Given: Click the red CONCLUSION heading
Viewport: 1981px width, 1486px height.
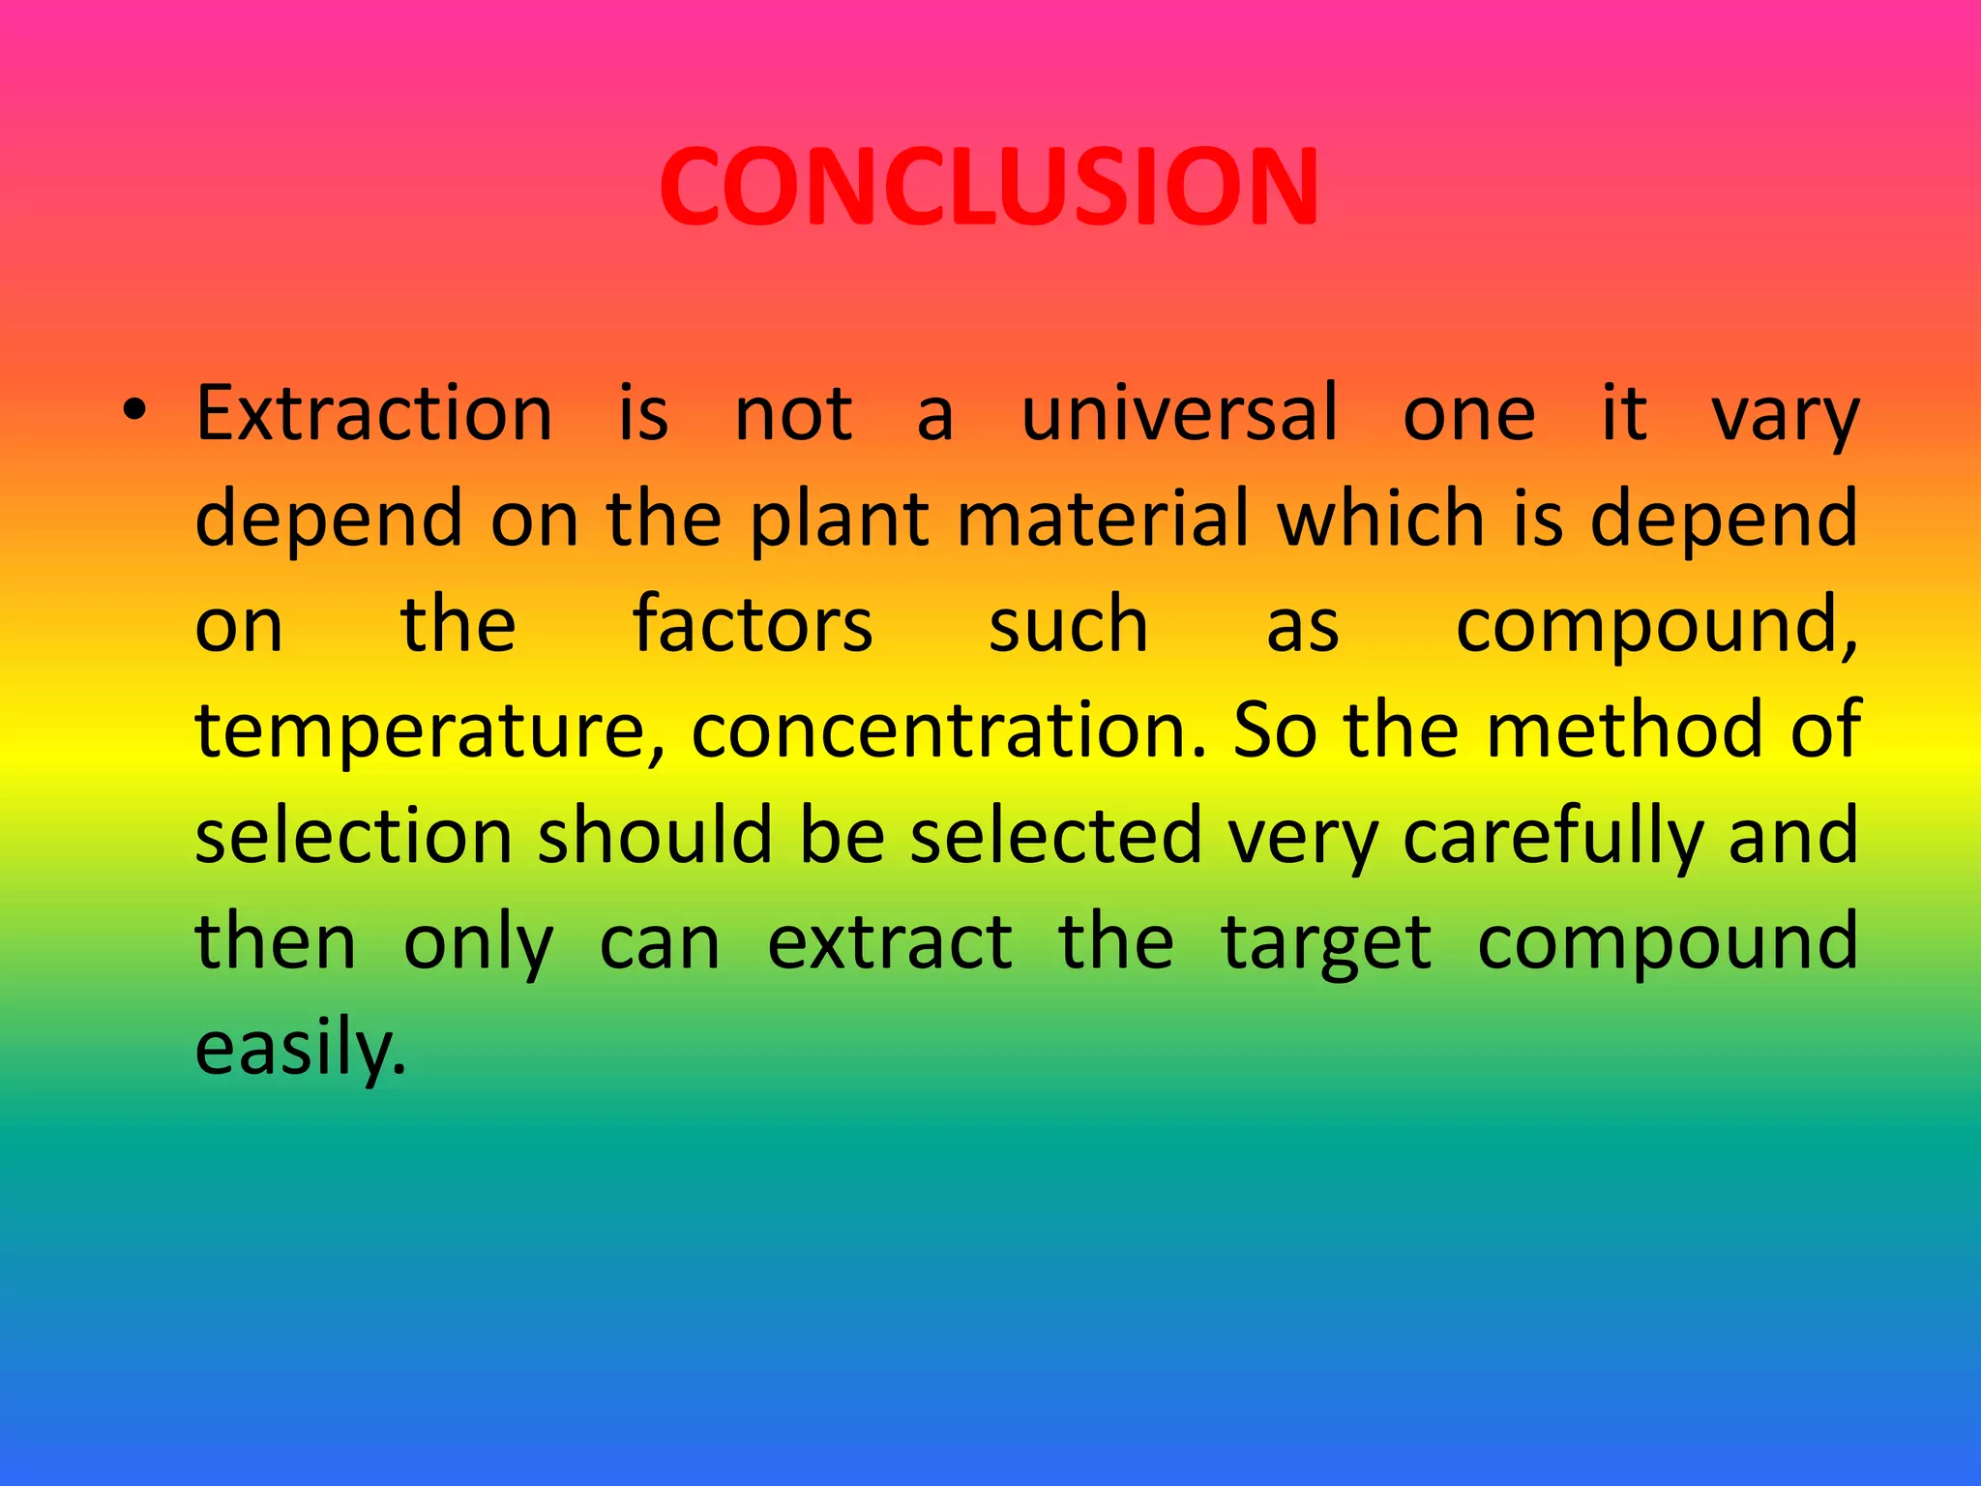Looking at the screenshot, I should (x=989, y=187).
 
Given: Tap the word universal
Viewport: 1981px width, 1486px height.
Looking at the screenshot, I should (x=1179, y=414).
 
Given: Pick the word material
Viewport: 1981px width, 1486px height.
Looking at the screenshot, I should (x=1104, y=519).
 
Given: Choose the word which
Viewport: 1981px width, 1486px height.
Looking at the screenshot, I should (x=1381, y=519).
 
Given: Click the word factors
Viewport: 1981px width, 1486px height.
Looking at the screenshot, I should (x=753, y=625).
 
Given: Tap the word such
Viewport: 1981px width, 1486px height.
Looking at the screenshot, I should (x=1068, y=625).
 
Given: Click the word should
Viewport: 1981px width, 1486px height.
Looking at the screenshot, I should (x=655, y=835).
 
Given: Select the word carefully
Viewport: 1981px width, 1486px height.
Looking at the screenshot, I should (x=1552, y=838).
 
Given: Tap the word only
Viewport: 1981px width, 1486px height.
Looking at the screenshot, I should (x=478, y=944).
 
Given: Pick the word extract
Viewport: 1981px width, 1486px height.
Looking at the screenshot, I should (x=889, y=942).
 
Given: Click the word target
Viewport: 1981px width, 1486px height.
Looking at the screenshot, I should (x=1326, y=944).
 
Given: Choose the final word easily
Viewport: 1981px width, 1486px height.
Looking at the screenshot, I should (x=300, y=1050).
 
